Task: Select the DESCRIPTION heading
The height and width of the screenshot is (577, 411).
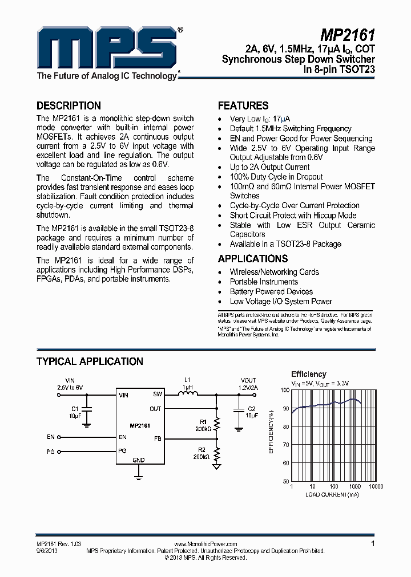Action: pos(68,105)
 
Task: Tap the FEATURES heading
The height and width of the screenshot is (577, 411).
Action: pos(243,105)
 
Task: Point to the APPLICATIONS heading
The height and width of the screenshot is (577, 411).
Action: pos(253,258)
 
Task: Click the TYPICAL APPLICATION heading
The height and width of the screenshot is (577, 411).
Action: pos(90,361)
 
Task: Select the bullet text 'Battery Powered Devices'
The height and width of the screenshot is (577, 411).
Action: pos(271,291)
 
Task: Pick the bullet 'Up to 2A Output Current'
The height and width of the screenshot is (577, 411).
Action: pos(269,167)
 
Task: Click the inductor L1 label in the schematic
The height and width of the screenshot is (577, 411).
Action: pos(187,380)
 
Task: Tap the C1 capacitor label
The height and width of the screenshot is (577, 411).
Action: pos(75,409)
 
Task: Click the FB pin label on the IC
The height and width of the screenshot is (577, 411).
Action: pos(158,439)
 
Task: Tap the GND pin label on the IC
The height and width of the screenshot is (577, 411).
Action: pos(138,460)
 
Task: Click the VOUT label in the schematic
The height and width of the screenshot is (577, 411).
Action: pos(248,380)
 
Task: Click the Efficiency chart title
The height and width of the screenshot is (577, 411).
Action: pos(308,374)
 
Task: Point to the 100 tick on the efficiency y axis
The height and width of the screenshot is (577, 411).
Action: pos(285,390)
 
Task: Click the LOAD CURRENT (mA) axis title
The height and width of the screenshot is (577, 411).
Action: pos(332,494)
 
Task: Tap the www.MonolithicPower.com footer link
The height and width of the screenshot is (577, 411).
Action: pos(205,545)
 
